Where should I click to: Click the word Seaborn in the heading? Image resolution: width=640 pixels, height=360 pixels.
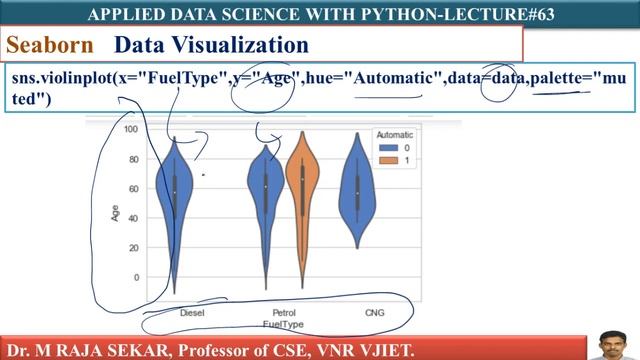pyautogui.click(x=49, y=46)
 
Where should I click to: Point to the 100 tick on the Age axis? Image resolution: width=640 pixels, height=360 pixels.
pyautogui.click(x=130, y=129)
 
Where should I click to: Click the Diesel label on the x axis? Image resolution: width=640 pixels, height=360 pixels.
pyautogui.click(x=193, y=312)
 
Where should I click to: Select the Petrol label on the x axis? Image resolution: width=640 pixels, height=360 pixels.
pyautogui.click(x=283, y=312)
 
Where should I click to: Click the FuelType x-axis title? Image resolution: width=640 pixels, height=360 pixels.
pyautogui.click(x=283, y=324)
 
